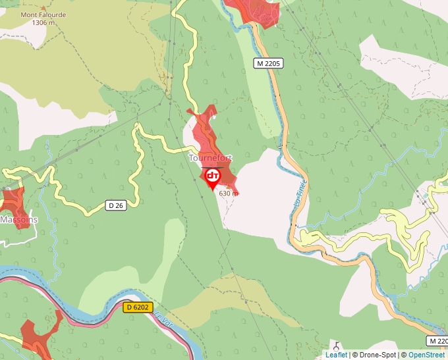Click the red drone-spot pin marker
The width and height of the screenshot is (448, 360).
point(213,177)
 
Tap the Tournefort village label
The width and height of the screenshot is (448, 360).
point(210,158)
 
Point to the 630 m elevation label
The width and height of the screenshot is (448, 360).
point(228,193)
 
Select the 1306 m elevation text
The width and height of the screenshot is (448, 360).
point(42,22)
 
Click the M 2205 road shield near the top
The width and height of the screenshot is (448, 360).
point(269,63)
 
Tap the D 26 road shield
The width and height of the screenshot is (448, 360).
point(115,205)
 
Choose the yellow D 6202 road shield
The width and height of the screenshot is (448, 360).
point(138,307)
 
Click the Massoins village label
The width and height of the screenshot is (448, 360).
point(18,219)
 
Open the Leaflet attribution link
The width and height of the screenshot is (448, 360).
point(336,355)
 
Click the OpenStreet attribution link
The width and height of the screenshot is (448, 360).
point(426,355)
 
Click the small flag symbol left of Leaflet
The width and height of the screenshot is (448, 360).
point(337,346)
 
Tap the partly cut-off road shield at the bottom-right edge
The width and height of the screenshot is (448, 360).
point(437,340)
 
